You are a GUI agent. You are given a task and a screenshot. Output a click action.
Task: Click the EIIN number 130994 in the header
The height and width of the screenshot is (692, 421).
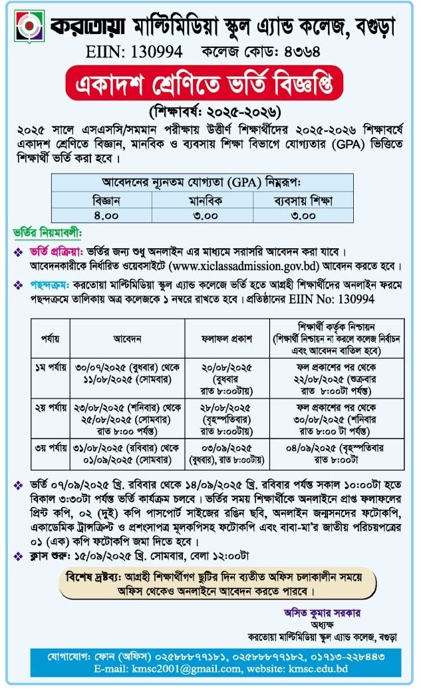137,52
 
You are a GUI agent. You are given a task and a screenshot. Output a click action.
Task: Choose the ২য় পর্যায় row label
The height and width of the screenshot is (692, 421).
50,407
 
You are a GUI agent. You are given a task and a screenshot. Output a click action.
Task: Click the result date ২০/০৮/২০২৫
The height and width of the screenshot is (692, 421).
226,367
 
